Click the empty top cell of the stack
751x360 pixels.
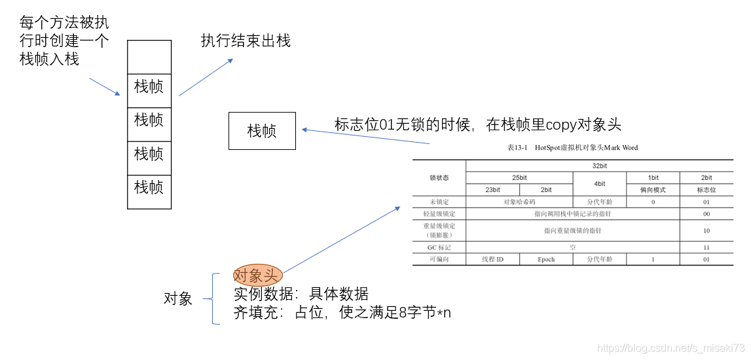149,57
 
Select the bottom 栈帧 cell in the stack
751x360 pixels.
149,187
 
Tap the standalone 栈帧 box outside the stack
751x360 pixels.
262,131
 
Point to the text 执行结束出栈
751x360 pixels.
246,41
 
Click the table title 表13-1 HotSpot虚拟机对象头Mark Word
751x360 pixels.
572,148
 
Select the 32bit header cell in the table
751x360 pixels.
599,166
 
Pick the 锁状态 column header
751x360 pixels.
439,177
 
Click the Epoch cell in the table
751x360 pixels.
546,259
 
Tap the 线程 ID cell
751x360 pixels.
492,259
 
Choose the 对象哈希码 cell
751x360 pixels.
519,202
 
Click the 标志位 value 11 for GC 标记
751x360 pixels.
706,247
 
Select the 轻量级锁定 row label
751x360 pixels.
439,214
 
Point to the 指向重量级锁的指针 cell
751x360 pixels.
572,230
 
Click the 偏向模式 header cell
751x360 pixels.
653,190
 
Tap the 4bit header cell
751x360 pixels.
599,184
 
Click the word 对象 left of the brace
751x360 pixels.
178,299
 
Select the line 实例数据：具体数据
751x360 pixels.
301,294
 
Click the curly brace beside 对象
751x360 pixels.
211,299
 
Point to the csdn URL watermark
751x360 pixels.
672,348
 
